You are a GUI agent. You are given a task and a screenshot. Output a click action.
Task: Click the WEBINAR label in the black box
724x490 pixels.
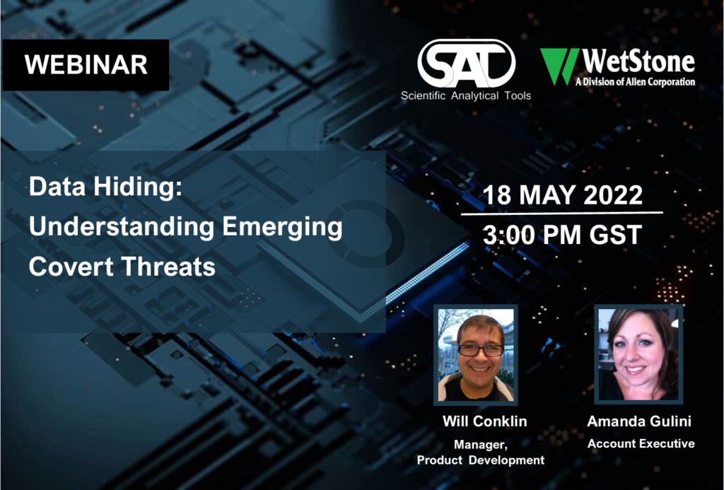86,64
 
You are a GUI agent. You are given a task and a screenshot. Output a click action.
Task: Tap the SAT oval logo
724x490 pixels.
467,63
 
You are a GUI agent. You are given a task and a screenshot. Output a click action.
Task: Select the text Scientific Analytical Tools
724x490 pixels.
466,95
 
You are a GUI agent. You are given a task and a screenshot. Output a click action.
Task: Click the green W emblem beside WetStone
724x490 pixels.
559,66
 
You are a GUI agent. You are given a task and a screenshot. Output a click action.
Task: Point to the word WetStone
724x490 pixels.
638,62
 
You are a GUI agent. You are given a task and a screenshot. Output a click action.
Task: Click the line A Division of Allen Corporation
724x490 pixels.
635,82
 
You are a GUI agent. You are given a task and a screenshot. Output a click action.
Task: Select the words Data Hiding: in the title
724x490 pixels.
106,187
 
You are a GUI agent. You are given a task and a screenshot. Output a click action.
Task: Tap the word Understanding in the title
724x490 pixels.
122,227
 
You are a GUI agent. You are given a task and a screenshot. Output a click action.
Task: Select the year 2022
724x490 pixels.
613,195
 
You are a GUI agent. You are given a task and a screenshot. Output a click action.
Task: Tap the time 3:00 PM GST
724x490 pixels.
562,235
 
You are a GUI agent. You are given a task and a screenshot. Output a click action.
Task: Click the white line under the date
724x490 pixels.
562,214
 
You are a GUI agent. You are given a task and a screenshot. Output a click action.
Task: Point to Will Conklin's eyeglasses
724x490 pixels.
480,350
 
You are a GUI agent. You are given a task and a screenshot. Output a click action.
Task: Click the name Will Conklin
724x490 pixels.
484,421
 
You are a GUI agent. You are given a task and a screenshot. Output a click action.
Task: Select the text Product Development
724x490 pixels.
480,460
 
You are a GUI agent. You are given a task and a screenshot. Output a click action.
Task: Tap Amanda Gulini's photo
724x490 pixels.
638,354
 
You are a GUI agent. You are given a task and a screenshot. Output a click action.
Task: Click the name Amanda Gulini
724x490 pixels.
639,421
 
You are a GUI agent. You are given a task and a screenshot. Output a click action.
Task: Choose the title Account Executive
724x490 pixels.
641,444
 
